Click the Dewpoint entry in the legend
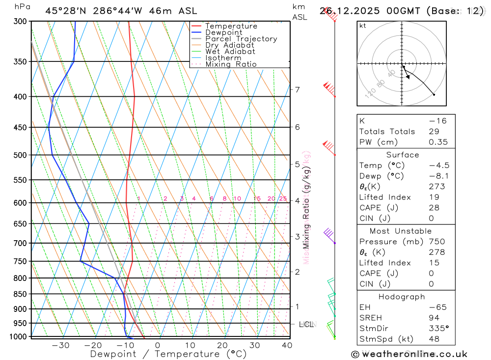point(224,32)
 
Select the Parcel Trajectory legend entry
point(241,39)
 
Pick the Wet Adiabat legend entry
point(230,52)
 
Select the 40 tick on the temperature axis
point(287,345)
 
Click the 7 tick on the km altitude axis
point(297,89)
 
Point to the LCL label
point(306,324)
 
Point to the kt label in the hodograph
point(363,26)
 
